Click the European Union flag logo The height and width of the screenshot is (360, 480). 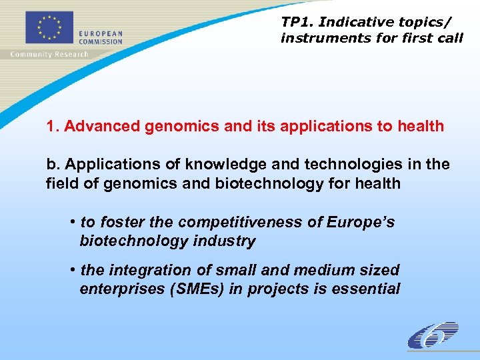click(x=48, y=29)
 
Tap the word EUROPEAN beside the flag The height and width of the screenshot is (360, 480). click(x=101, y=34)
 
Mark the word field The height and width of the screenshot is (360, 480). click(x=61, y=183)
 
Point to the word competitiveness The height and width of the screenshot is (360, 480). click(x=237, y=221)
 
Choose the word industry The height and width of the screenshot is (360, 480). click(x=224, y=241)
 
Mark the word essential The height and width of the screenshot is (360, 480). click(x=366, y=289)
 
